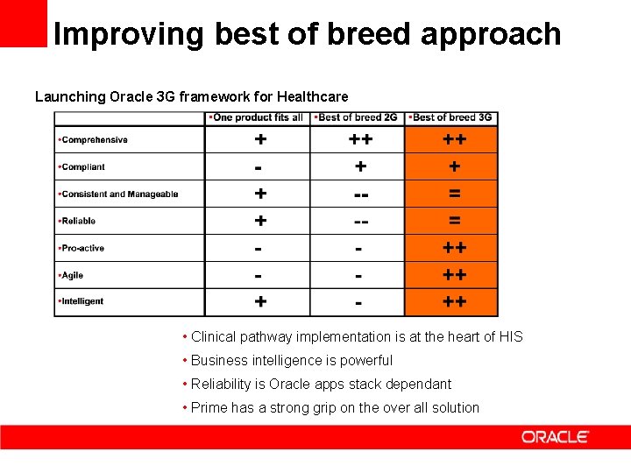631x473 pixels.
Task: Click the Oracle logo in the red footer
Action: point(555,436)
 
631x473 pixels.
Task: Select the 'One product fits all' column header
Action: point(258,117)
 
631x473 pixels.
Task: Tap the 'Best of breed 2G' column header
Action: point(358,117)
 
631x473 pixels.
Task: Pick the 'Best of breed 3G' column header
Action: point(451,117)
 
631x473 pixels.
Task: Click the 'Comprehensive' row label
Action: point(94,140)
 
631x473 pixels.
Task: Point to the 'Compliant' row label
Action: point(82,167)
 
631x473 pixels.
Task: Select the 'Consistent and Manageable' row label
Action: point(119,194)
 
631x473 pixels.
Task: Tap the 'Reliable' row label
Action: point(78,221)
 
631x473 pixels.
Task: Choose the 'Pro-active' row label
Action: point(82,248)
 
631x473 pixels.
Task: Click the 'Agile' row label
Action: point(72,275)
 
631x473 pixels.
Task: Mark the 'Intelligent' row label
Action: point(82,301)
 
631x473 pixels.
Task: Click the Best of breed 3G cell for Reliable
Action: point(454,221)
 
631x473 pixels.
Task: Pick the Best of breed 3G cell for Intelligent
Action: point(454,302)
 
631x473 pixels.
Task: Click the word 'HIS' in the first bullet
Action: point(511,336)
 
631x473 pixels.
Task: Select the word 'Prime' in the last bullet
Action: point(209,407)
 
